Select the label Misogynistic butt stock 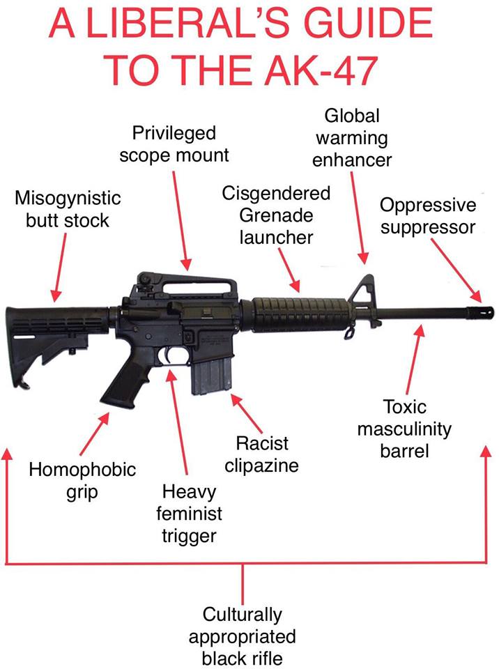tap(68, 209)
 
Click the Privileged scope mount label tap(174, 144)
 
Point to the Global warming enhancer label tap(352, 138)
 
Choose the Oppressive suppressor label tap(428, 216)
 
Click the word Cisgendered tap(276, 193)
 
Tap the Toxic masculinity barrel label tap(404, 429)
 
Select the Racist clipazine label tap(261, 454)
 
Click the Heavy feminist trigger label tap(189, 514)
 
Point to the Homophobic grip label tap(82, 481)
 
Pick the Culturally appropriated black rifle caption tap(242, 636)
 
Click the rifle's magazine tap(211, 376)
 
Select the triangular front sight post tap(362, 294)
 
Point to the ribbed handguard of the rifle tap(300, 315)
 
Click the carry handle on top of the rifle tap(187, 286)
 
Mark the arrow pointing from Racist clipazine tap(247, 413)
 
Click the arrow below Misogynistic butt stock tap(59, 268)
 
